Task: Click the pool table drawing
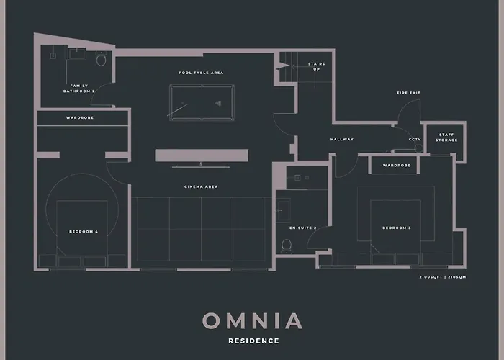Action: (x=202, y=102)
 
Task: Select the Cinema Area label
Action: (x=201, y=187)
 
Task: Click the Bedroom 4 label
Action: (x=83, y=231)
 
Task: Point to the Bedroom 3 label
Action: (x=396, y=228)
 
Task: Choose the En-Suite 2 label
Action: (x=303, y=228)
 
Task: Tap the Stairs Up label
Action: (x=316, y=66)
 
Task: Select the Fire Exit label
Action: (x=408, y=93)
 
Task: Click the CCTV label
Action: (x=415, y=140)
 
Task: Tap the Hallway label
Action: (x=342, y=140)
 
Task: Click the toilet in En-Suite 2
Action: (x=287, y=245)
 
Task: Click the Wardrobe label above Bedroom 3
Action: (x=396, y=166)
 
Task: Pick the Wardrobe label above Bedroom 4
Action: (x=80, y=117)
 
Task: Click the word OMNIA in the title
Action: (x=252, y=320)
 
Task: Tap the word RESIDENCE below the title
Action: (x=252, y=341)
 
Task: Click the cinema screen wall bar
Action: (x=202, y=156)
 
